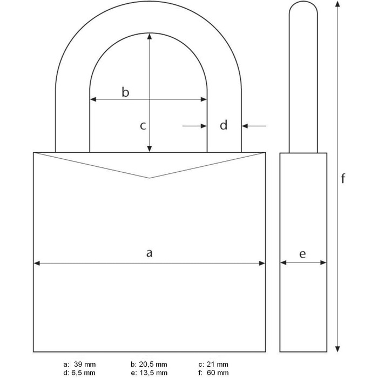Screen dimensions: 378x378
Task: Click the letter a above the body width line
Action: [150, 253]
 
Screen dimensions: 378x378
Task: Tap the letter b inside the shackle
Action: [125, 92]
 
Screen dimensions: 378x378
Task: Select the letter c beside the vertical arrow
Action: [143, 126]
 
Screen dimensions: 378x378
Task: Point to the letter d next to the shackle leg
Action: [224, 125]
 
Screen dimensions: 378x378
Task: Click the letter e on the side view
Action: [302, 254]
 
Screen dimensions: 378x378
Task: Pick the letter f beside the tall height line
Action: [343, 178]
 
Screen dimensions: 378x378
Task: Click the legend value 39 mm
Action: [85, 364]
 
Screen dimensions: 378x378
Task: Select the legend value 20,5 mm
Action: [153, 364]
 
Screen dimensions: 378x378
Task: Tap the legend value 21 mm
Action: [217, 364]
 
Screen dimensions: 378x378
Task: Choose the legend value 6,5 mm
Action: [83, 373]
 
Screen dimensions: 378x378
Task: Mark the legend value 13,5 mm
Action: [153, 373]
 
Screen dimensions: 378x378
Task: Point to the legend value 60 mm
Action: [218, 373]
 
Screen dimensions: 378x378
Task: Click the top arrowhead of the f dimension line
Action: [337, 4]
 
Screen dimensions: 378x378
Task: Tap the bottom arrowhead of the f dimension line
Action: [337, 349]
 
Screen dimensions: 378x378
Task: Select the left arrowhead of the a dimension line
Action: [37, 264]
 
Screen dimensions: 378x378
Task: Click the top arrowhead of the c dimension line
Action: [150, 36]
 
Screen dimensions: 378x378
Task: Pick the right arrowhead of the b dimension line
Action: [204, 99]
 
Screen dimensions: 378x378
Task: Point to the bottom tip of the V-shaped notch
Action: [150, 178]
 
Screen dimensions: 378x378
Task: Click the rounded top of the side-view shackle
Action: [303, 2]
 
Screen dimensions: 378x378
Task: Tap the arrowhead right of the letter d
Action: [245, 126]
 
